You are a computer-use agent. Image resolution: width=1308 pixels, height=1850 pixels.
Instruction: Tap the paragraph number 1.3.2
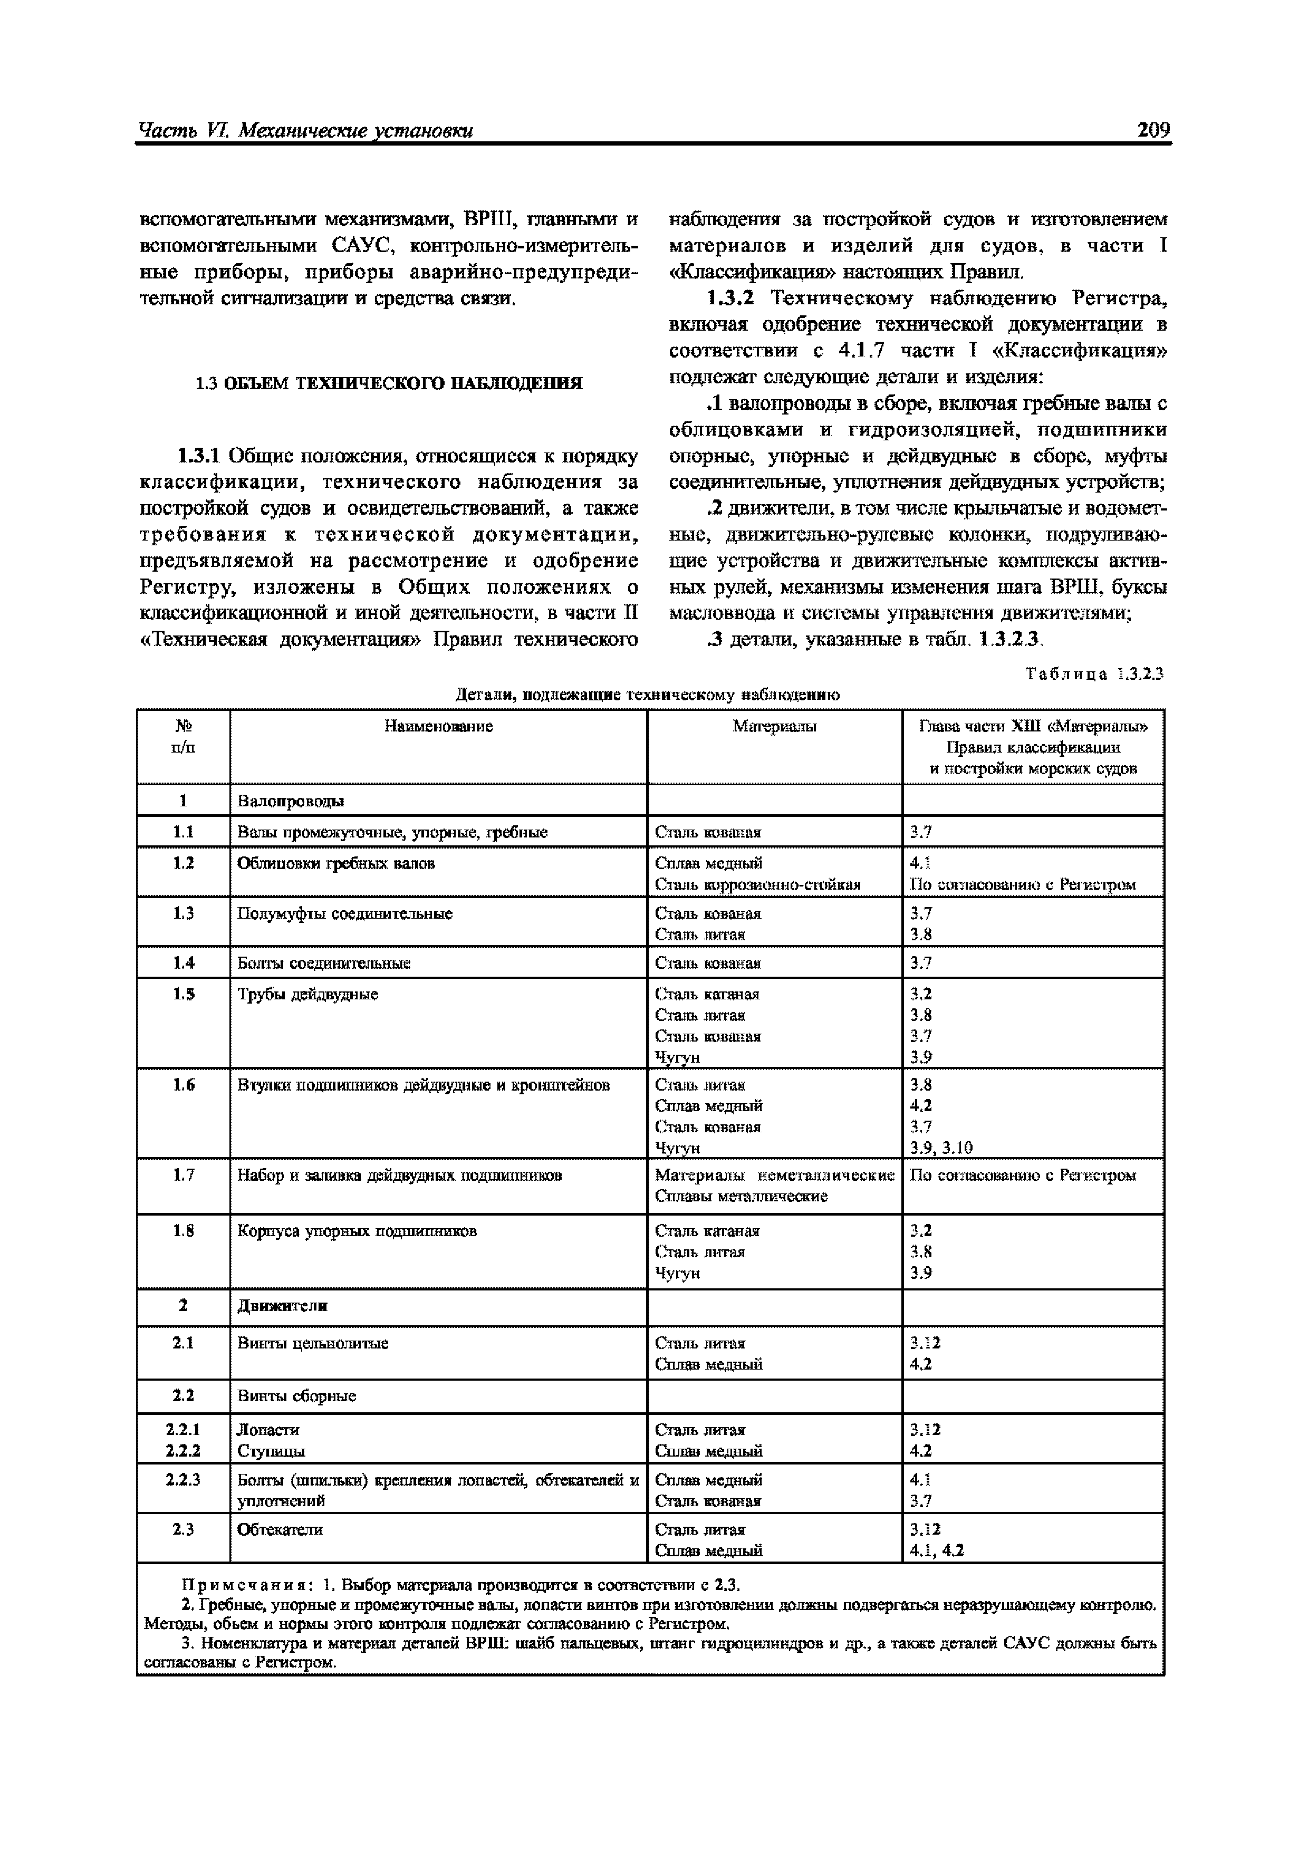coord(730,299)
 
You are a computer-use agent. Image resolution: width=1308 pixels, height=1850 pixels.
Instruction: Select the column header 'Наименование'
coord(438,727)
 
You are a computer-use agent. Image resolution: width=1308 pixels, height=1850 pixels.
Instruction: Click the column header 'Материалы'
coord(774,727)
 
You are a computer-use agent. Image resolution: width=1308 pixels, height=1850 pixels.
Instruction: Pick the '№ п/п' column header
coord(184,736)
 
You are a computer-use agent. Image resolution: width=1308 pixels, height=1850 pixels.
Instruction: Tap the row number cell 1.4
coord(184,963)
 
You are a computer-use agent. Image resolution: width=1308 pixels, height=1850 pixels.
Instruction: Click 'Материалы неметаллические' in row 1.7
coord(774,1175)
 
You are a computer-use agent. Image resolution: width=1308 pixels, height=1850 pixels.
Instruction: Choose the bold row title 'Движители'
coord(282,1306)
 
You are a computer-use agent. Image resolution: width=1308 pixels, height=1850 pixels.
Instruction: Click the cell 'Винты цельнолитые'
coord(313,1343)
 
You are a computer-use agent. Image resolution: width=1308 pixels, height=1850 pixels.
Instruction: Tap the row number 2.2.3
coord(184,1480)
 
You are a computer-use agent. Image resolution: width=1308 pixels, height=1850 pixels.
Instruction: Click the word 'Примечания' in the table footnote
coord(228,1585)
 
